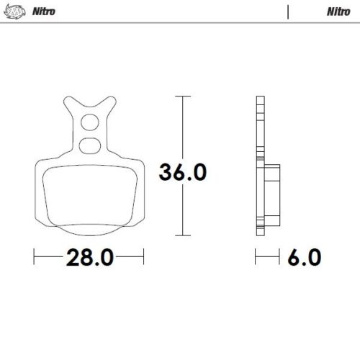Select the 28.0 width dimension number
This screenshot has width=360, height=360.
point(89,258)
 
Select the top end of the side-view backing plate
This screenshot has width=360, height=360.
point(259,99)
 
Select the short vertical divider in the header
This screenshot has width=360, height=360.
point(288,12)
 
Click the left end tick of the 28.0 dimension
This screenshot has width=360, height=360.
point(34,257)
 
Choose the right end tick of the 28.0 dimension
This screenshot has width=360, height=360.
point(145,257)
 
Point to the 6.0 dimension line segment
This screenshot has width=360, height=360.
point(268,257)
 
